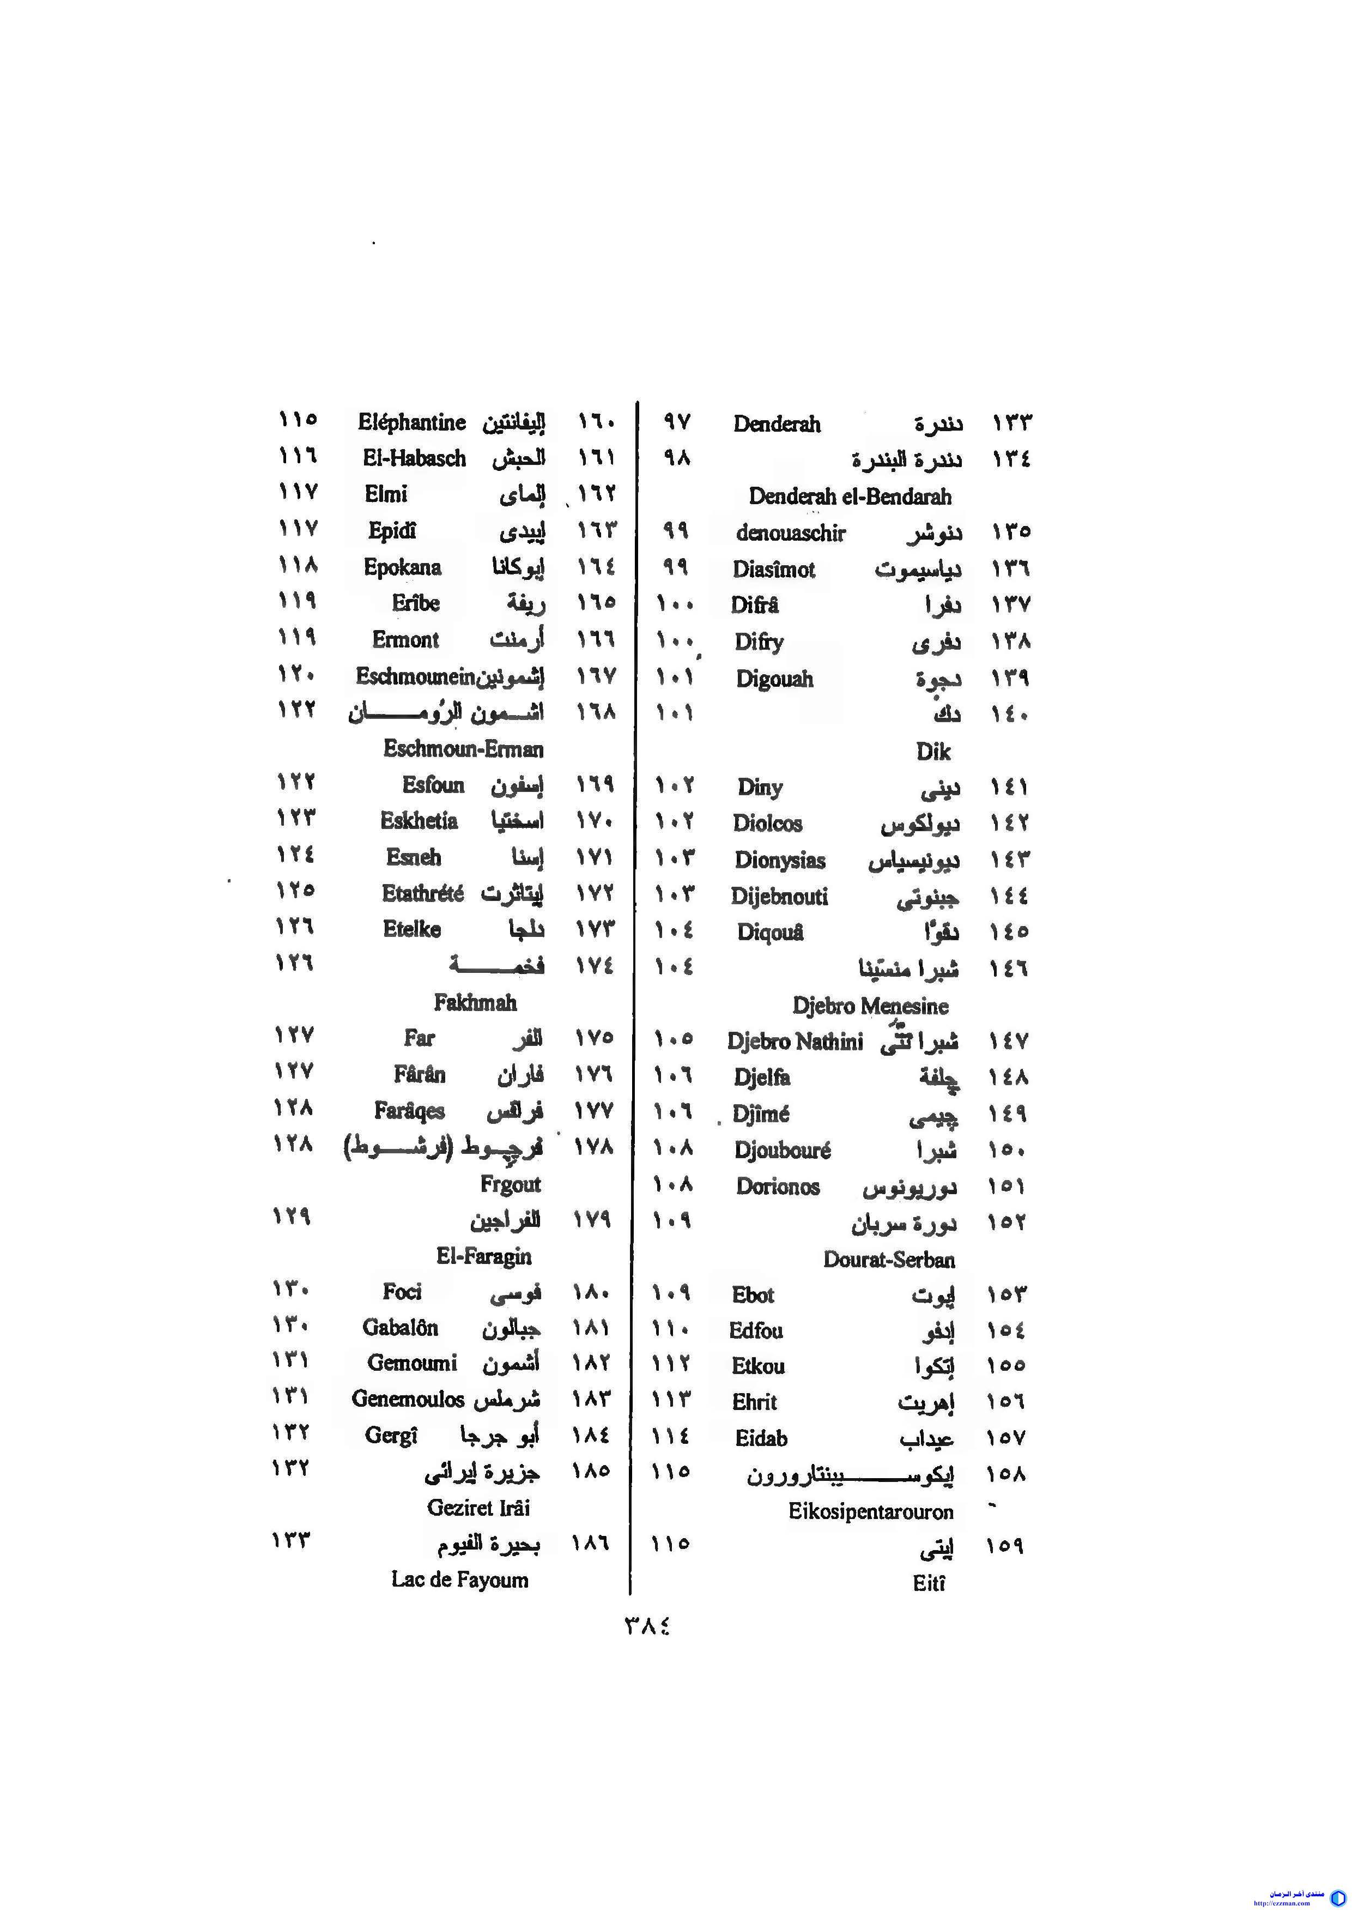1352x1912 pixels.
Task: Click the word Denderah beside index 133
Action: point(776,424)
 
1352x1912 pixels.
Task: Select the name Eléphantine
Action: point(411,422)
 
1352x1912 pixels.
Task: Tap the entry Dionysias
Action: point(779,860)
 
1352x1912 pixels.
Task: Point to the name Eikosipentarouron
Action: point(871,1511)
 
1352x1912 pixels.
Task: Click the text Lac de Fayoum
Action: point(459,1580)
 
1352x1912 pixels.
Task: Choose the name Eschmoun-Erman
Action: point(463,749)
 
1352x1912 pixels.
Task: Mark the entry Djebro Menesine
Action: point(870,1006)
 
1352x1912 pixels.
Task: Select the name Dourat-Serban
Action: point(888,1259)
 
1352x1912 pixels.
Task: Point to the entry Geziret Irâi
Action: point(478,1507)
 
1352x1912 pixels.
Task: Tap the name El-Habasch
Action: point(414,458)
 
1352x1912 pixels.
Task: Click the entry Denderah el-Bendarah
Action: point(849,497)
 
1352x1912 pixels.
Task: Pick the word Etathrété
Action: point(423,893)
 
